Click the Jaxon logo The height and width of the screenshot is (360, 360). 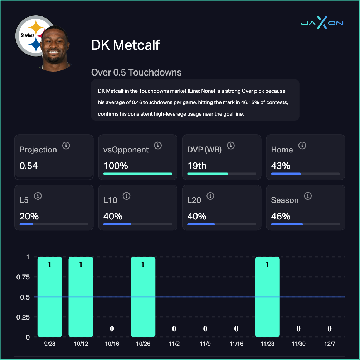(322, 23)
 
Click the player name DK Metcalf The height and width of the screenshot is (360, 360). (126, 45)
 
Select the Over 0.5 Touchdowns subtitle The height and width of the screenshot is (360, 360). (136, 72)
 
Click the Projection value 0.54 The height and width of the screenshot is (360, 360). (29, 166)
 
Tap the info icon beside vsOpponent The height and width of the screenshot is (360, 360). (158, 146)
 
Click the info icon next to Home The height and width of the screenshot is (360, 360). (302, 146)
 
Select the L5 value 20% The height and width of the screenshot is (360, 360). (29, 216)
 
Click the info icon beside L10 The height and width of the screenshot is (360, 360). (126, 196)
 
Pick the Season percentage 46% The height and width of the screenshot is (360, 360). (281, 216)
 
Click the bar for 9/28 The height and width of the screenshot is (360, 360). (50, 297)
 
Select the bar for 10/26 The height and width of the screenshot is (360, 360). (143, 297)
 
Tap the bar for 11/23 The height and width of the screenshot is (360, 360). (267, 297)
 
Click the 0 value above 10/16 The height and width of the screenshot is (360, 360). (112, 329)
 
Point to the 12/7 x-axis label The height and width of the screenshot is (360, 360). (330, 344)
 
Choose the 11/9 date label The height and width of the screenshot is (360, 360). (205, 344)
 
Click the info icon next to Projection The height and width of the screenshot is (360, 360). (66, 146)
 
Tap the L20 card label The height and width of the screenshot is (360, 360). (194, 200)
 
